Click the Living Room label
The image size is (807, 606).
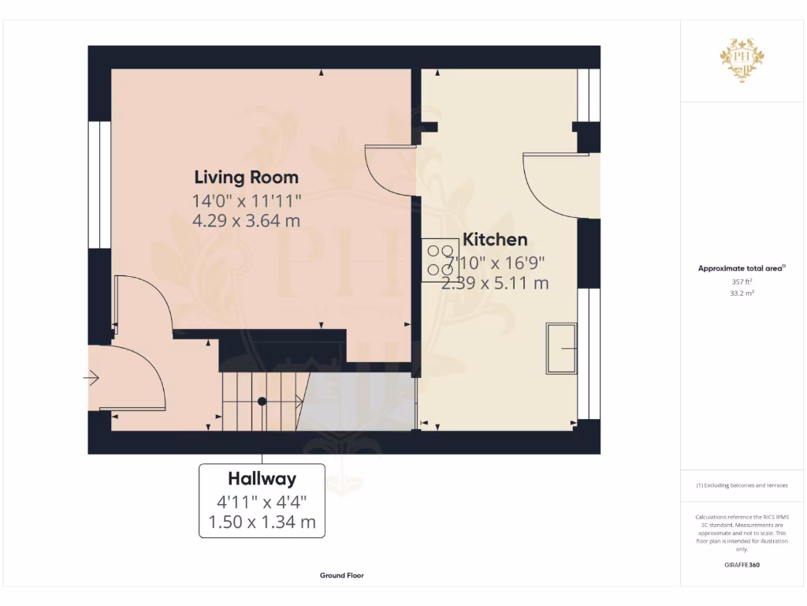click(246, 177)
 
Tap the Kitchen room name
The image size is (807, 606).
click(495, 240)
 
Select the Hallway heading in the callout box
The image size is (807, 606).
click(262, 478)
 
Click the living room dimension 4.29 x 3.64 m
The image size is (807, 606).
click(246, 221)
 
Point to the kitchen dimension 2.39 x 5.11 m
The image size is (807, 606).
click(495, 283)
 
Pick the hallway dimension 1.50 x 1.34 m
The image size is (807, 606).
click(262, 522)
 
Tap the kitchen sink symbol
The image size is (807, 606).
click(562, 348)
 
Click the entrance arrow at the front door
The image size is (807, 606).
click(91, 380)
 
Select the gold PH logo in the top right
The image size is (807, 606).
click(742, 60)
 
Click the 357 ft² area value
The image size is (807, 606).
click(741, 281)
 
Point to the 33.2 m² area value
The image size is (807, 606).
click(741, 293)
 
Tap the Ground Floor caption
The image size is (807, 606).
click(342, 576)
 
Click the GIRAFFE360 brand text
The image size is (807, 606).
click(741, 565)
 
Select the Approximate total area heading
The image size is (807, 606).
click(741, 268)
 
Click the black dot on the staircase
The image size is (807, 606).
click(262, 402)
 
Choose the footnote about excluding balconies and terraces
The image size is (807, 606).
click(741, 485)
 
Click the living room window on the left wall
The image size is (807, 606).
click(99, 185)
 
